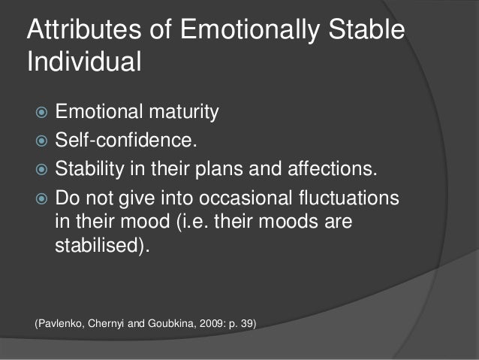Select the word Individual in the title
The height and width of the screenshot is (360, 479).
[x=84, y=62]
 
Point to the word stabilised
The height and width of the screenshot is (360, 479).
[x=102, y=247]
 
